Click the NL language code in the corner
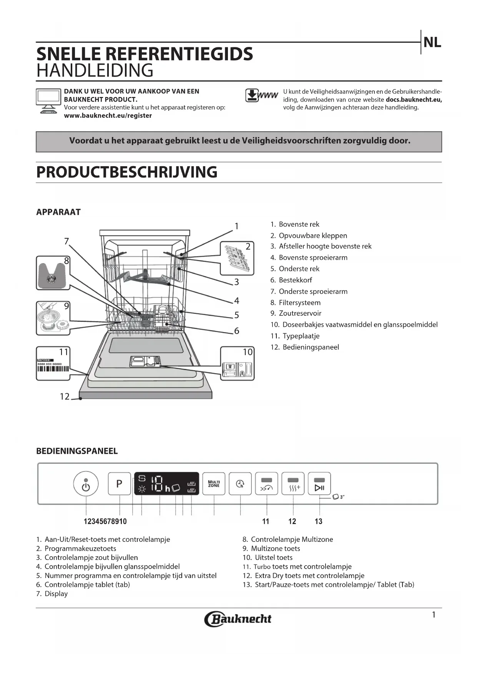[432, 42]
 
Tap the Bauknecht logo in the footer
[238, 619]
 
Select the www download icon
[261, 95]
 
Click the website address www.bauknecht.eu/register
[108, 115]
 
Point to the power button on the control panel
[86, 484]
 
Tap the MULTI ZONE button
[214, 484]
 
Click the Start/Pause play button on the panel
[319, 484]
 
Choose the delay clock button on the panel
[240, 484]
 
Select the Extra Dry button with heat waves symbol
[293, 484]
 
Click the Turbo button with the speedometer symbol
[266, 484]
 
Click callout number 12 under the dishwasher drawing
[65, 396]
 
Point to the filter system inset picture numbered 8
[53, 273]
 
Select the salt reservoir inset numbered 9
[53, 318]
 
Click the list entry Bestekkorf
[295, 280]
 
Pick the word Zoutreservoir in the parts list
[300, 313]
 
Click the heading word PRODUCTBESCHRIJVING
[127, 172]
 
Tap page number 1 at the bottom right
[434, 615]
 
